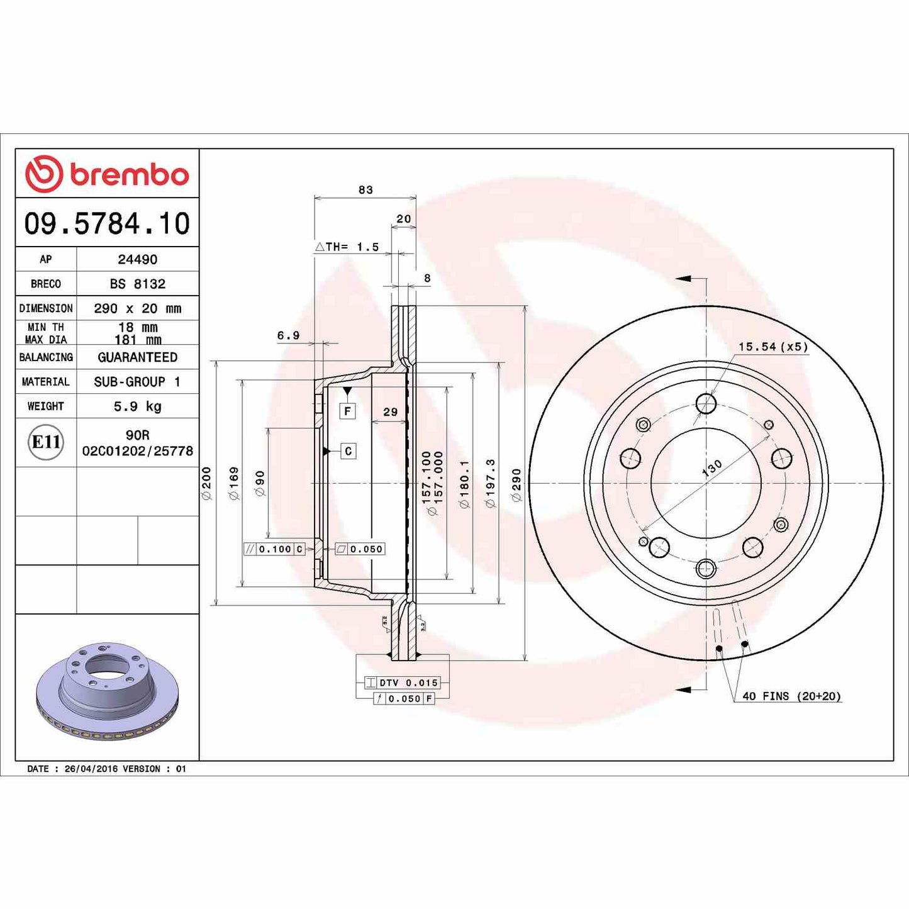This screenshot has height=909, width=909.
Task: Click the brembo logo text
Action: pos(129,175)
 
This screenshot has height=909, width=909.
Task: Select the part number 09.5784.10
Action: pos(107,224)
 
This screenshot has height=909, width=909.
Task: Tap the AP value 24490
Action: pos(137,259)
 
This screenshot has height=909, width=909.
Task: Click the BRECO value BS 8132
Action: pos(137,284)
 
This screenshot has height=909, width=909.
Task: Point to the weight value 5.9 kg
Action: pos(137,406)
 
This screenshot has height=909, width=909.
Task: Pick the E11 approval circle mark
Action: pos(46,442)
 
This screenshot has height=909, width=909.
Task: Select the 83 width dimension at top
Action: pos(365,189)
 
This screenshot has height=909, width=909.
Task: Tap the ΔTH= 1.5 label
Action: pos(347,247)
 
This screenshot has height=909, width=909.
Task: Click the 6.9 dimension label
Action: pos(288,335)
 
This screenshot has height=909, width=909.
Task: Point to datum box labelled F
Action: pos(347,411)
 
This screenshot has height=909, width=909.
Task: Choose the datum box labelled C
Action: pos(348,451)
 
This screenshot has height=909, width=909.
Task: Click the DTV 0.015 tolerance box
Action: pos(403,683)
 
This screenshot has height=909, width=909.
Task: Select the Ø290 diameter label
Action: pos(516,484)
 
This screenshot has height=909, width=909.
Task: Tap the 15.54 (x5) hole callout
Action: pos(772,347)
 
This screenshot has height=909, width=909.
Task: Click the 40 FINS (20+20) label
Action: pos(791,696)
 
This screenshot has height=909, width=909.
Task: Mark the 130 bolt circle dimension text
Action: pos(712,468)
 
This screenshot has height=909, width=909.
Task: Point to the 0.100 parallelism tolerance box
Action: pos(275,549)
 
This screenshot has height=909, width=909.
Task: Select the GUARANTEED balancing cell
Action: pos(137,357)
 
